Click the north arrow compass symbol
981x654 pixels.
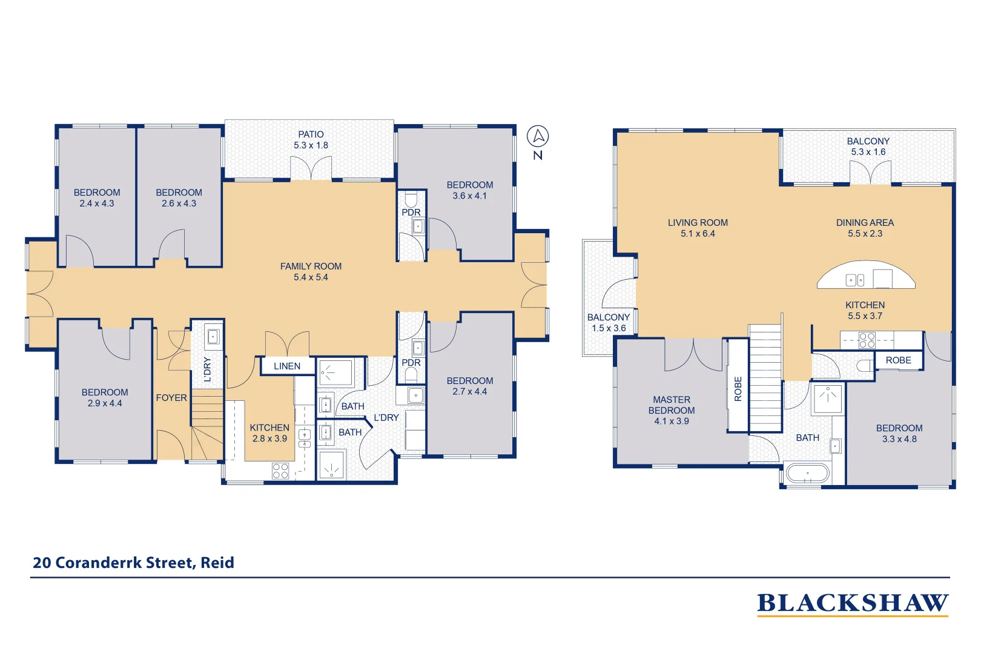tap(538, 137)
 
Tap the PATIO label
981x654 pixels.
tap(311, 134)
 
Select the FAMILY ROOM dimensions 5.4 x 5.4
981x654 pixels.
tap(311, 277)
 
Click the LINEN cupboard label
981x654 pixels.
tap(287, 366)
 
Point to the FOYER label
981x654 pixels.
tap(171, 398)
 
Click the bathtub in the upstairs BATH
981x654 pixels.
tap(807, 473)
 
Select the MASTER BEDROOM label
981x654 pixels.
tap(672, 405)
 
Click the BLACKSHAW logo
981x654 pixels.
tap(853, 603)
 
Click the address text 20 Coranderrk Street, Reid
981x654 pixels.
tap(133, 563)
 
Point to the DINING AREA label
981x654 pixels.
tap(865, 223)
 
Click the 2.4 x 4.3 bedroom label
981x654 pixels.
tap(97, 198)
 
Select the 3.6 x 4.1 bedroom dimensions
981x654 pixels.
tap(470, 196)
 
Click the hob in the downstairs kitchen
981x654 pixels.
tap(280, 471)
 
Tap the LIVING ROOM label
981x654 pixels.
tap(698, 223)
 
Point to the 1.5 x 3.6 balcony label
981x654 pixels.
tap(609, 323)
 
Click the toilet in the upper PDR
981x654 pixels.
tap(411, 199)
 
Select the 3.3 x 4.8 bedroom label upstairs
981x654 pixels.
tap(899, 434)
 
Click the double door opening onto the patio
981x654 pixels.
tap(311, 169)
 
